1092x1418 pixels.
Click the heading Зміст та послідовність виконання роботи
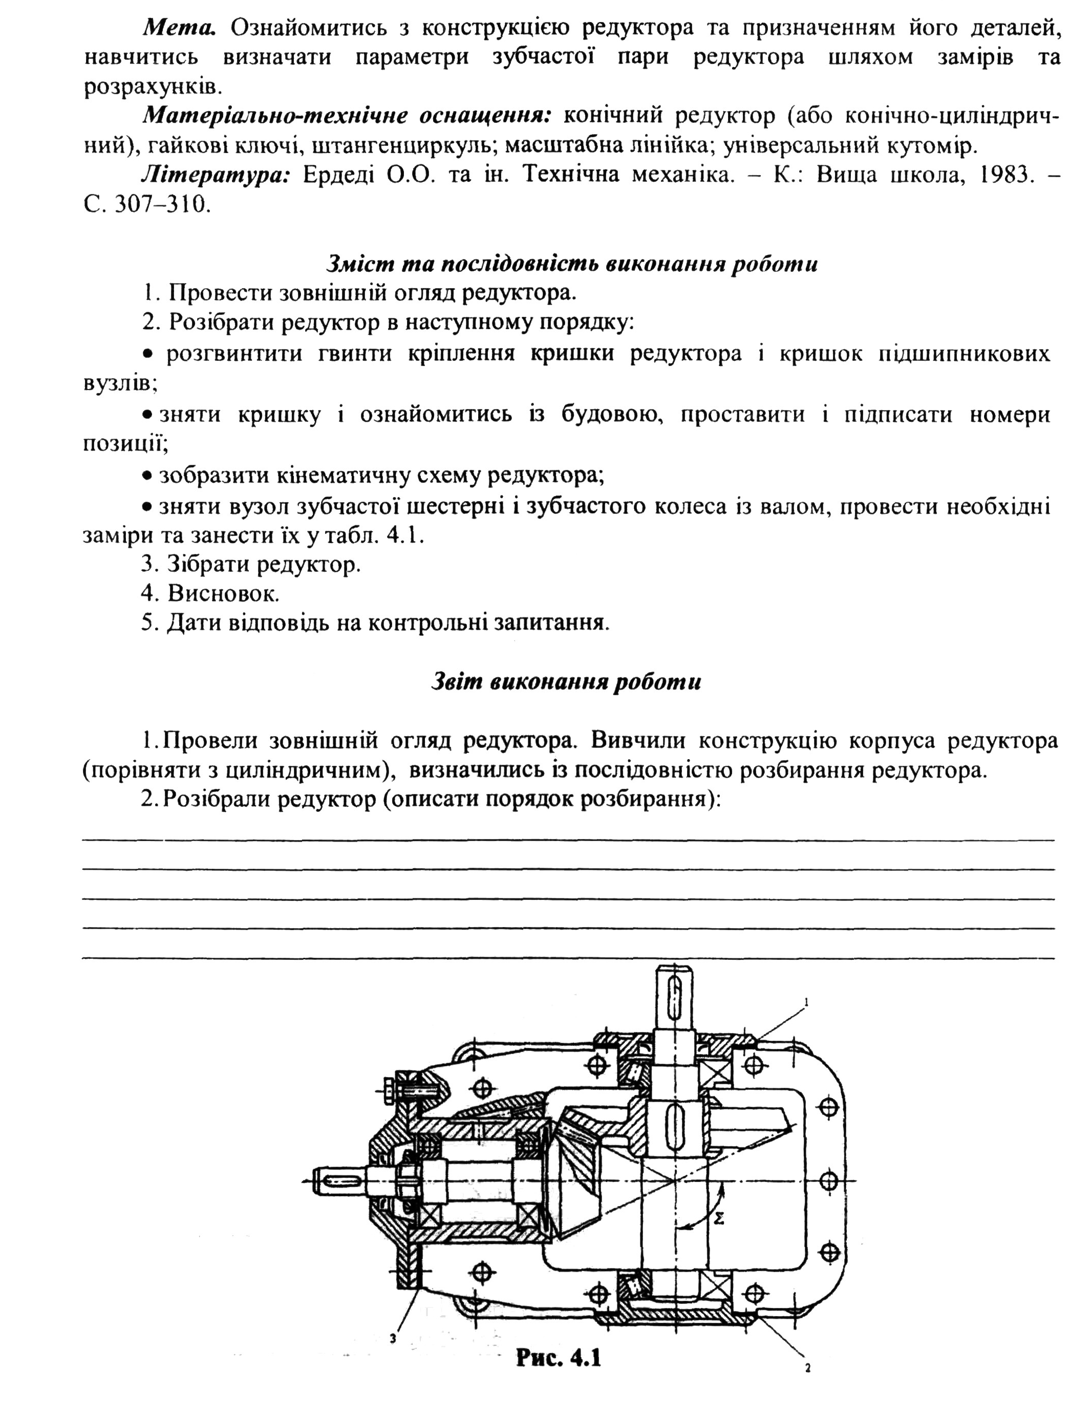[x=571, y=264]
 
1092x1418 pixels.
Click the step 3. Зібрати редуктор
[x=250, y=564]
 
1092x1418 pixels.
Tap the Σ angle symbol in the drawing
[x=718, y=1219]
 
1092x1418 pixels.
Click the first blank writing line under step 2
[x=568, y=840]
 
